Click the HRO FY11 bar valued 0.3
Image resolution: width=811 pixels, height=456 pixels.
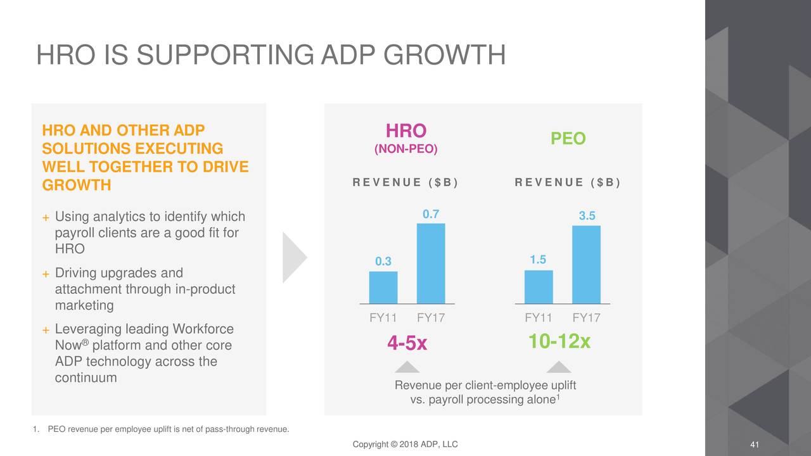[x=383, y=288]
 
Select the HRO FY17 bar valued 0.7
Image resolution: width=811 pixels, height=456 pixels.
[x=431, y=263]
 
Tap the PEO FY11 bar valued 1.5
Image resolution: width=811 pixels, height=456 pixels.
[x=539, y=287]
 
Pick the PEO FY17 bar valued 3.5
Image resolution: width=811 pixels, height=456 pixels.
[x=586, y=265]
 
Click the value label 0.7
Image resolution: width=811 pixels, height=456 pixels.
[x=431, y=214]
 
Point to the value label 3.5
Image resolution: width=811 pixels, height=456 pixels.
[x=587, y=216]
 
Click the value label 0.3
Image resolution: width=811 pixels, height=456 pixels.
[x=383, y=262]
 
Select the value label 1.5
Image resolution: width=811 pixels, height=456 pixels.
[x=538, y=260]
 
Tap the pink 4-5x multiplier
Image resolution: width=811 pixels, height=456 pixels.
[x=407, y=343]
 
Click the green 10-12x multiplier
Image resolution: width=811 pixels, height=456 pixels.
[x=559, y=342]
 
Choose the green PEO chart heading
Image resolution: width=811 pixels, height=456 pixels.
[x=568, y=139]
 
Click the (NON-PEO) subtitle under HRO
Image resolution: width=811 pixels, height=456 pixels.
[x=406, y=149]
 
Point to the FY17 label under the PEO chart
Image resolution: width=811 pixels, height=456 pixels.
[x=586, y=317]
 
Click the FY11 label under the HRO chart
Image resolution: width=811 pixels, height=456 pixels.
[x=383, y=317]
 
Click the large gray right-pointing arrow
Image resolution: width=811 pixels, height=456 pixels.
[x=293, y=257]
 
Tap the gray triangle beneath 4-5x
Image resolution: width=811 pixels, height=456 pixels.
[x=407, y=367]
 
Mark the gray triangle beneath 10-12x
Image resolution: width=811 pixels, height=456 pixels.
[x=559, y=367]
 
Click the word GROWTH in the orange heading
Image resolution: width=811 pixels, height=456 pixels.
[x=76, y=185]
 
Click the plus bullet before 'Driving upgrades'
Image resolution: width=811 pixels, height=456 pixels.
[x=46, y=274]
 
